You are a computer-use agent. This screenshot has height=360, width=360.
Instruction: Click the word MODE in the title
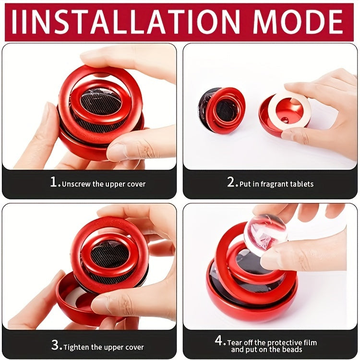pyautogui.click(x=298, y=22)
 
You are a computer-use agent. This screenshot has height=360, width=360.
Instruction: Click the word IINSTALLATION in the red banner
pyautogui.click(x=126, y=22)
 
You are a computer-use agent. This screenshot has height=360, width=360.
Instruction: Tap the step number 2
pyautogui.click(x=231, y=182)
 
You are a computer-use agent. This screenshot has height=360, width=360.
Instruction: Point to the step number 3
pyautogui.click(x=55, y=345)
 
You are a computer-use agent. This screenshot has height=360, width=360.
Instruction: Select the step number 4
pyautogui.click(x=219, y=340)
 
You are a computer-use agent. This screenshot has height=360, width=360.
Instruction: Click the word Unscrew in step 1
pyautogui.click(x=76, y=184)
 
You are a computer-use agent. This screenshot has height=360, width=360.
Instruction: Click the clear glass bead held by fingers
pyautogui.click(x=265, y=234)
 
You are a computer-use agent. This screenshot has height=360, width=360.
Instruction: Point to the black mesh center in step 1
pyautogui.click(x=101, y=101)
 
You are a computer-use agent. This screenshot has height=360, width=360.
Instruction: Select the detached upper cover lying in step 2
pyautogui.click(x=222, y=110)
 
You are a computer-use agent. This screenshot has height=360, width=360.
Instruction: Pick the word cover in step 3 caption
pyautogui.click(x=135, y=348)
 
